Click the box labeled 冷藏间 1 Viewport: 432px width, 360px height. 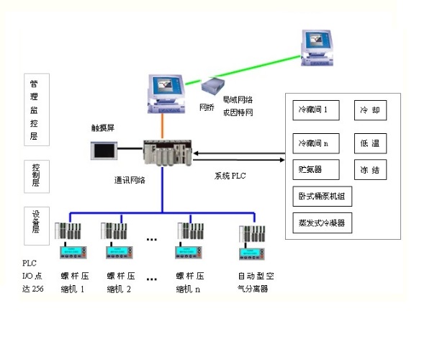tap(317, 111)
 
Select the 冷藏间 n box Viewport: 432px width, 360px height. tap(317, 143)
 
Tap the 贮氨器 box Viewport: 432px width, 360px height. tap(317, 170)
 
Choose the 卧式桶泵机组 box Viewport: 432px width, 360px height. tap(321, 197)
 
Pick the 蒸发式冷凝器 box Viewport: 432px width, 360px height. tap(321, 223)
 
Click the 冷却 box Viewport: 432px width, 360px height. tap(370, 111)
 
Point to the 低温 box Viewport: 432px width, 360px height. tap(370, 143)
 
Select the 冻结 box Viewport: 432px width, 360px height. tap(370, 170)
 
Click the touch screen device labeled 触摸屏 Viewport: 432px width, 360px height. tap(102, 150)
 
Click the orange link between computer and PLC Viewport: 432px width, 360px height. tap(164, 126)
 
